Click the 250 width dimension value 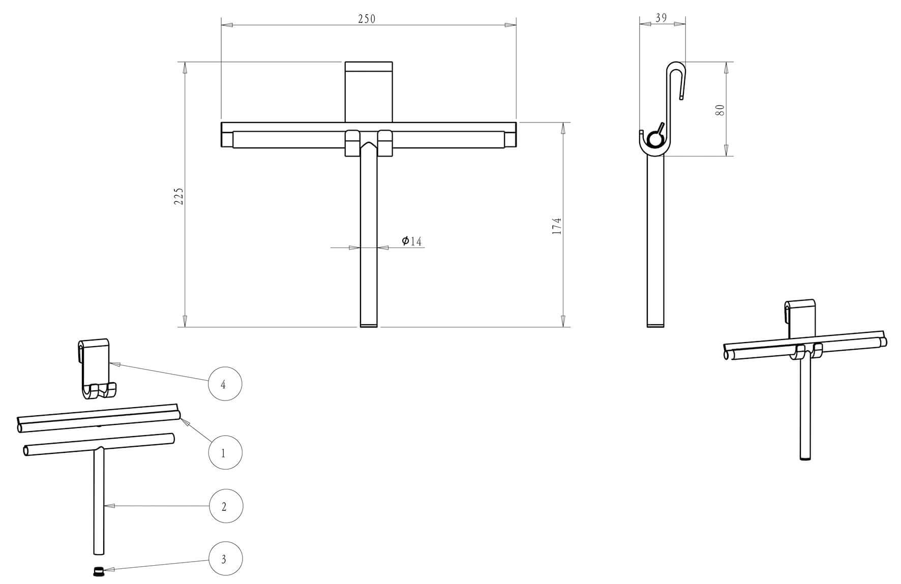click(x=366, y=19)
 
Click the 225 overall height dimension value click(x=178, y=196)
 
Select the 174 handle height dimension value click(x=557, y=226)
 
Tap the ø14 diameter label click(x=412, y=241)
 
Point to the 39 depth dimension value click(x=661, y=18)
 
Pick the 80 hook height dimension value click(x=719, y=110)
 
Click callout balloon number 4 click(x=225, y=384)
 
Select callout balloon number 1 click(x=225, y=452)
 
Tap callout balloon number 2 click(x=225, y=506)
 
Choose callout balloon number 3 click(x=225, y=559)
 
